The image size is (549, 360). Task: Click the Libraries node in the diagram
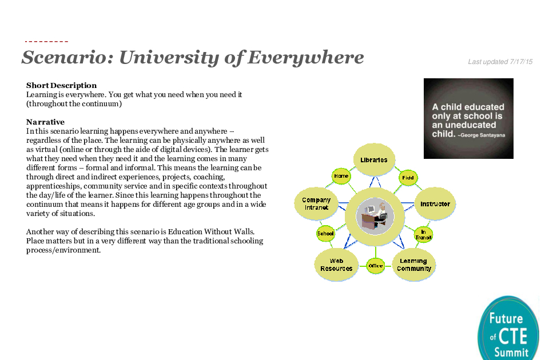click(374, 159)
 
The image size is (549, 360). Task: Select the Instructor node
click(435, 203)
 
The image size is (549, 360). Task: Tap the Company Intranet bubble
click(316, 203)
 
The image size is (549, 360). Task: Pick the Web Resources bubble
click(336, 265)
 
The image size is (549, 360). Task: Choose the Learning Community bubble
click(414, 265)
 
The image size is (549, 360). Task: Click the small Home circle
click(341, 176)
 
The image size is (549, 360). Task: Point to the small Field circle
click(408, 178)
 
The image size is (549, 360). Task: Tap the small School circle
click(325, 233)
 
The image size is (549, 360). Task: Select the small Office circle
click(375, 266)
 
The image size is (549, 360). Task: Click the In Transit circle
click(423, 234)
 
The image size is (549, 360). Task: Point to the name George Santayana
click(483, 135)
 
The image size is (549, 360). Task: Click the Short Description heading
click(61, 85)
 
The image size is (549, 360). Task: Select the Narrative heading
click(46, 122)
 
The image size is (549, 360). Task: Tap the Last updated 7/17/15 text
click(500, 62)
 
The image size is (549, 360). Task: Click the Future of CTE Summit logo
click(509, 329)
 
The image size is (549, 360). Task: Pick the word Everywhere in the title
click(305, 57)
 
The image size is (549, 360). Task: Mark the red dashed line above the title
click(46, 42)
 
